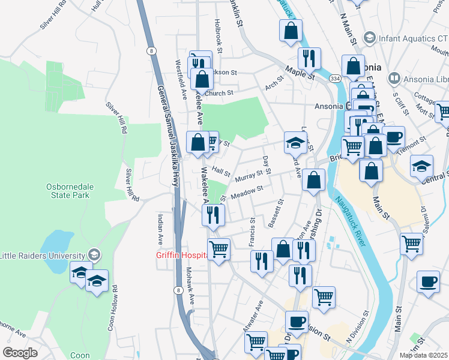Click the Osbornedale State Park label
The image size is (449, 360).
point(67,190)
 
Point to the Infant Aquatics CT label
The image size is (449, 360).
point(407,38)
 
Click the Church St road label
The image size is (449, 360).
point(218,93)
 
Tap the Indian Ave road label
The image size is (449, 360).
point(160,229)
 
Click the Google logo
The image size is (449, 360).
point(20,353)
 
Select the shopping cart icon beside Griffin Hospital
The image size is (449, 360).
point(218,248)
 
